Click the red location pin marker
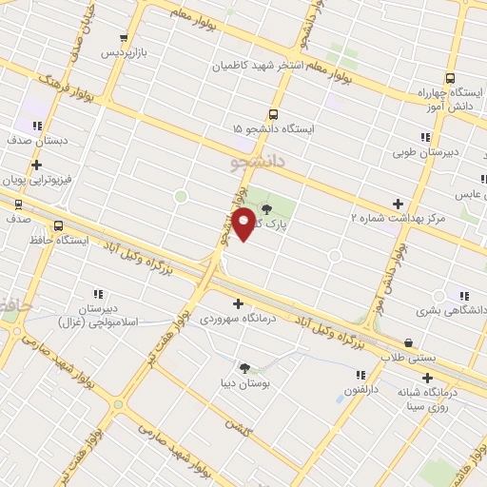pos(244,223)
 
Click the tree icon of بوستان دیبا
pos(245,367)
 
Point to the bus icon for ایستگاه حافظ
pos(59,226)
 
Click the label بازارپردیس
pos(127,49)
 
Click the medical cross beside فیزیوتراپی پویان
pos(36,165)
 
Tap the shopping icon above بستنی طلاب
pos(408,343)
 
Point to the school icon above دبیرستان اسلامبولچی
pos(97,294)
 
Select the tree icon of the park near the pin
pos(265,208)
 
